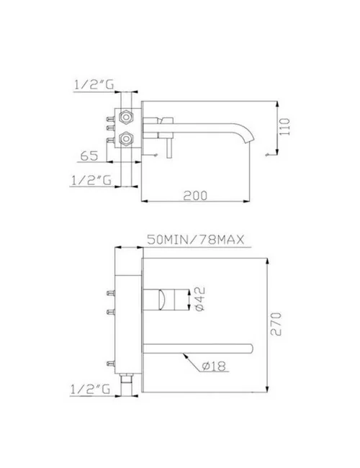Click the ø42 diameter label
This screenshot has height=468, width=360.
point(204,299)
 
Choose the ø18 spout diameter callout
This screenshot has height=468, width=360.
point(210,366)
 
